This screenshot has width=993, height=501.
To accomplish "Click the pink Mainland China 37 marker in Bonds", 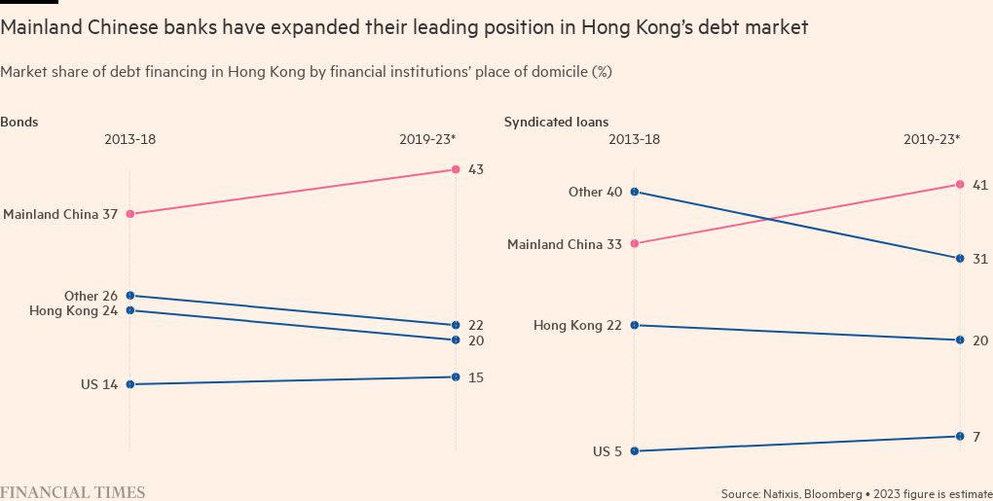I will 130,214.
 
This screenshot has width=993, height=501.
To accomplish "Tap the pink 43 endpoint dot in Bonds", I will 456,169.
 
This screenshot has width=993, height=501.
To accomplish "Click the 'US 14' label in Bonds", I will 99,384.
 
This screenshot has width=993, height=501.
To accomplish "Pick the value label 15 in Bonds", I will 476,377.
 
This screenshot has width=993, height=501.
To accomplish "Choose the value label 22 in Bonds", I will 476,325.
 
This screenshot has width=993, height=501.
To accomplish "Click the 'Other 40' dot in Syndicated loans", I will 635,192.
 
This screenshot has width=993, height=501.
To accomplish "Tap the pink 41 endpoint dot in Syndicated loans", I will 960,184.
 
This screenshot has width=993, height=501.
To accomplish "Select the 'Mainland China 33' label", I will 565,244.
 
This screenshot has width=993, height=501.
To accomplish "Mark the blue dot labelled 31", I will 960,258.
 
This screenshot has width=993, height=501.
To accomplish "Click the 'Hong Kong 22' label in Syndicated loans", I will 577,325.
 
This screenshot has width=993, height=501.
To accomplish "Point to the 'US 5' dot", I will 635,450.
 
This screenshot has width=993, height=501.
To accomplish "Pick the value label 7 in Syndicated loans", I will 976,436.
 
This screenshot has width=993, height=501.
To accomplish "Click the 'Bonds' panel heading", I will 19,123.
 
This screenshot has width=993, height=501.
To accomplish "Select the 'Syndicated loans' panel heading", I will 556,123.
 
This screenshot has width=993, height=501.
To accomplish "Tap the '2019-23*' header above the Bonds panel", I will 427,139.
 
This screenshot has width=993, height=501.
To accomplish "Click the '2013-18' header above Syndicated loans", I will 634,139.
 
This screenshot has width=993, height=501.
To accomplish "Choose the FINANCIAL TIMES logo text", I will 73,492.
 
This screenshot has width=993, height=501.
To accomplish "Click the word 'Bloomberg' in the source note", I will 833,493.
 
